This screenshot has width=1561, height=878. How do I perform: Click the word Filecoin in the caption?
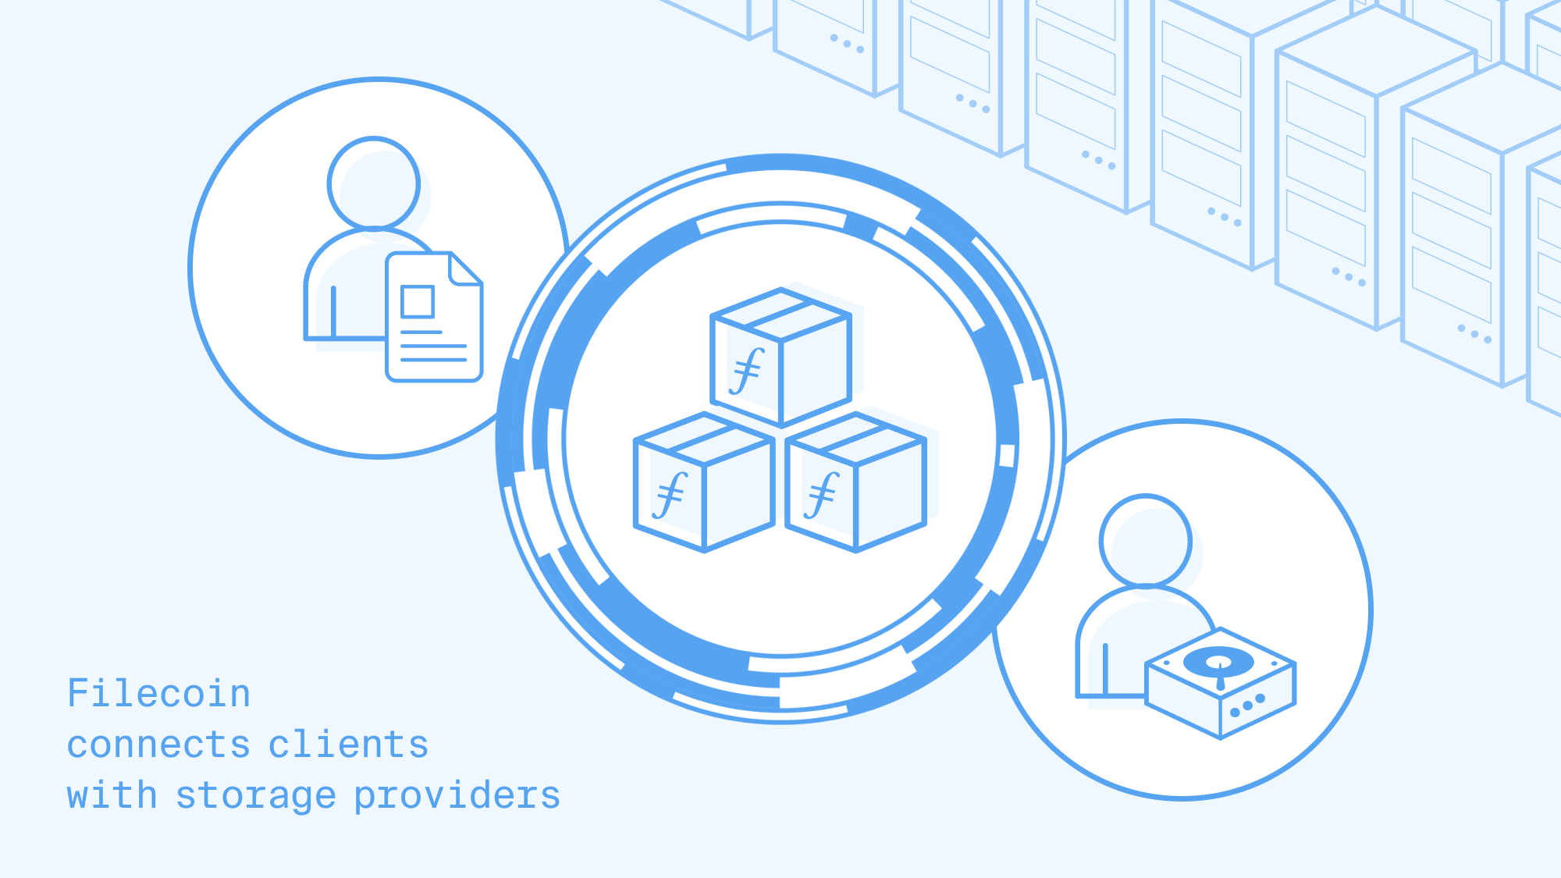(x=159, y=693)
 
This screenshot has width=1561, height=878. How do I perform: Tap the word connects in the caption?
(x=158, y=745)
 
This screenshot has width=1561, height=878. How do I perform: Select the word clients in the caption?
(x=349, y=744)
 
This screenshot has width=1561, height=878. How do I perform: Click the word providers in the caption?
(x=457, y=796)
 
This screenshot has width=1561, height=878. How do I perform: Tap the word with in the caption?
(x=112, y=794)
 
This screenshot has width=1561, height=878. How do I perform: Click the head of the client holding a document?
(x=374, y=183)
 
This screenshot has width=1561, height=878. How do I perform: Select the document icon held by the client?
(x=435, y=317)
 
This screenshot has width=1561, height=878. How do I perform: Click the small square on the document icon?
(x=418, y=301)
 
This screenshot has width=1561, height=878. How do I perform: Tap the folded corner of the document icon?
(x=465, y=268)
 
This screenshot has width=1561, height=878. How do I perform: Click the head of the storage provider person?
(x=1146, y=540)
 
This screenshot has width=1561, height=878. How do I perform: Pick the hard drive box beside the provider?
(x=1220, y=683)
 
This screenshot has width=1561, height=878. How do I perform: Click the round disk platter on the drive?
(x=1218, y=663)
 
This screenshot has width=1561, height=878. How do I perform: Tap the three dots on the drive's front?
(x=1247, y=706)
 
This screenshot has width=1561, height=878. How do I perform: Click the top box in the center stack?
(x=781, y=357)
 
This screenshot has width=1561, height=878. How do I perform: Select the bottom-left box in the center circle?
(x=704, y=482)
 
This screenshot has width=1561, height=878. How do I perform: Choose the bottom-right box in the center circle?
(x=856, y=482)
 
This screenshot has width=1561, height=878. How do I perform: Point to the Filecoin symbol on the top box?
(x=747, y=371)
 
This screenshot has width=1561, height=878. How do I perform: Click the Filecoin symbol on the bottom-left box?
(x=670, y=495)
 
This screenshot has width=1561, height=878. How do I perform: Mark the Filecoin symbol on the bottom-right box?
(x=822, y=495)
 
